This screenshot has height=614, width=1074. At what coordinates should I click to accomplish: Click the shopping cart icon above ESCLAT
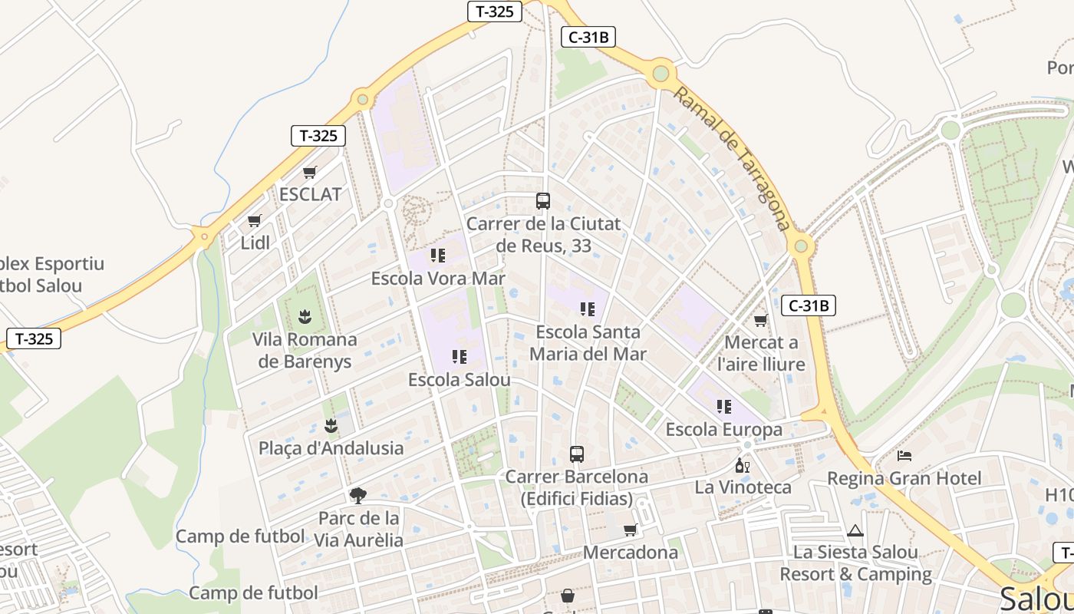click(309, 172)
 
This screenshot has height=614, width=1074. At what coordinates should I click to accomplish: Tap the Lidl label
click(255, 243)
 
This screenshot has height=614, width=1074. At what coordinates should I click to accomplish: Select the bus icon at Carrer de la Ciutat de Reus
click(543, 201)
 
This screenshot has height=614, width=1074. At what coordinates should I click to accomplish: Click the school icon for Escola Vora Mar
click(438, 255)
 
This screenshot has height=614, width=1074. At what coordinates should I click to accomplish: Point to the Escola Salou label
click(459, 380)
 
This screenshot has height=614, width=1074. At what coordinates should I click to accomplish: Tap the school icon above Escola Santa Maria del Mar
click(588, 309)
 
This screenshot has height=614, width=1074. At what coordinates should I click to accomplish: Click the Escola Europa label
click(723, 429)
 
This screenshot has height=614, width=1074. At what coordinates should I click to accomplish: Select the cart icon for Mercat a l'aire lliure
click(760, 320)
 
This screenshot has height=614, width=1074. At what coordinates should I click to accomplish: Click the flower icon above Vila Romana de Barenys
click(305, 316)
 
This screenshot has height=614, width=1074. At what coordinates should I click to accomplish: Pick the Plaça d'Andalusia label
click(331, 448)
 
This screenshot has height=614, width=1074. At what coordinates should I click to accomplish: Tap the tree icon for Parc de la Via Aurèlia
click(357, 495)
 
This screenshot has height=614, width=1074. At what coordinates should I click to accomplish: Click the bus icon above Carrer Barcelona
click(577, 454)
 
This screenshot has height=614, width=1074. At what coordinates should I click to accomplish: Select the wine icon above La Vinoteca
click(743, 465)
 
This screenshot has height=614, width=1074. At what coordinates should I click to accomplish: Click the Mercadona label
click(631, 553)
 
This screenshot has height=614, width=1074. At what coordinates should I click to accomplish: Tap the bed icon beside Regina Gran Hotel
click(904, 456)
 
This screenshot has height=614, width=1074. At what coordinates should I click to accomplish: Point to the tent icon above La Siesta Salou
click(855, 530)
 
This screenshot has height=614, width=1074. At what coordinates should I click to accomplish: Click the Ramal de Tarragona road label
click(732, 159)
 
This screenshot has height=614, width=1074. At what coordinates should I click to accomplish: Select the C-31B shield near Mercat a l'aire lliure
click(809, 305)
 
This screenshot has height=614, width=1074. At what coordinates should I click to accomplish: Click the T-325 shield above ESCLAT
click(318, 136)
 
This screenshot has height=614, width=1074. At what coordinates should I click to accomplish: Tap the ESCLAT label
click(310, 194)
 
